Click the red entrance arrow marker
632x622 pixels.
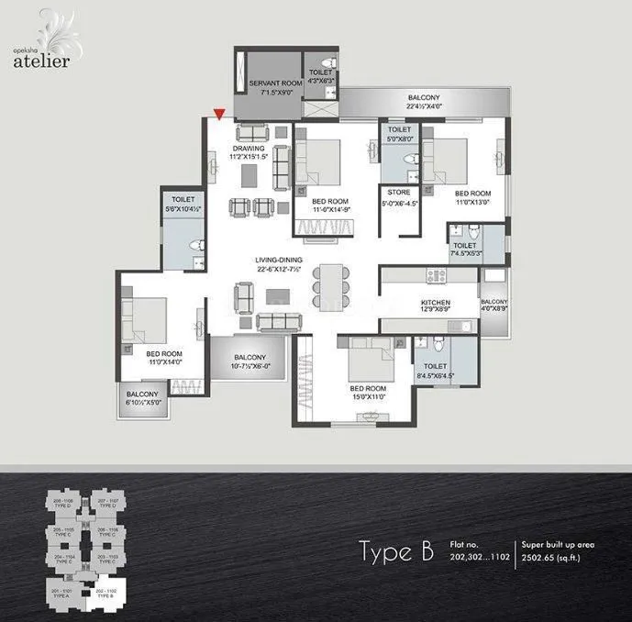pos(218,114)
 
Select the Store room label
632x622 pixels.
pos(399,197)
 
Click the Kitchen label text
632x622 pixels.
pos(434,306)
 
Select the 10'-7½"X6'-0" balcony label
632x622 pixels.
pos(249,363)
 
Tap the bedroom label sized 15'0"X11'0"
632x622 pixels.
pos(367,393)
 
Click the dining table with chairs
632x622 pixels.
pos(328,283)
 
